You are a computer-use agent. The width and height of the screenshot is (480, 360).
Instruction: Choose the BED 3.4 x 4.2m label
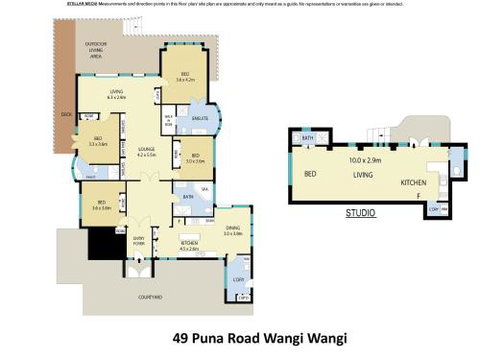click(x=185, y=75)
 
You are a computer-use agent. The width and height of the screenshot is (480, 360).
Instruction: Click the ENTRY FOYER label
click(x=138, y=239)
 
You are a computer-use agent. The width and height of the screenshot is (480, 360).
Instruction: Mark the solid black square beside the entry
click(x=101, y=244)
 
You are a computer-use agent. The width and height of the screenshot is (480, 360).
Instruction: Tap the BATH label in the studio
click(x=309, y=137)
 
